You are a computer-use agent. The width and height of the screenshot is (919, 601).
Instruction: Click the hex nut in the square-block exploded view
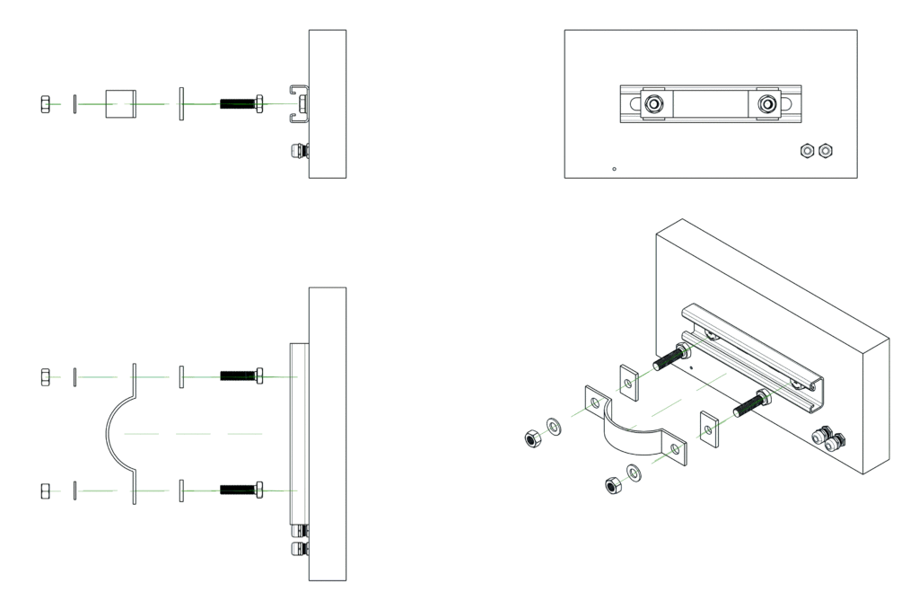(x=46, y=104)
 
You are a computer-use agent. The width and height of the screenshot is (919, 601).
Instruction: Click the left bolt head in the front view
(x=654, y=104)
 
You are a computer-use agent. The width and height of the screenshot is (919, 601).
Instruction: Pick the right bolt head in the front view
(x=767, y=104)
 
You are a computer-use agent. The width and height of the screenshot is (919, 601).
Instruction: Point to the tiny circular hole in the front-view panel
(x=613, y=168)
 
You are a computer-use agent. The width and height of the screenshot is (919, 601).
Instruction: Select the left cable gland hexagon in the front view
(x=806, y=150)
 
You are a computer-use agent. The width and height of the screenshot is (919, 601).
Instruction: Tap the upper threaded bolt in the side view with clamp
(x=241, y=376)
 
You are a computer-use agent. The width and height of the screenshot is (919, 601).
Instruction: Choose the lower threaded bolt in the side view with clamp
(x=241, y=491)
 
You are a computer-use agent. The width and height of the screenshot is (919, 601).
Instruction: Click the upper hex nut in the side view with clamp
(x=46, y=376)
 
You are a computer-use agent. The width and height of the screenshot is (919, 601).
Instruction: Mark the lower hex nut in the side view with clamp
(x=46, y=491)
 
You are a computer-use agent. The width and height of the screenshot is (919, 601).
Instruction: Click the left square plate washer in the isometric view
(x=630, y=381)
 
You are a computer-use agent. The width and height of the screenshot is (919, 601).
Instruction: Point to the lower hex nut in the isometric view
(x=613, y=484)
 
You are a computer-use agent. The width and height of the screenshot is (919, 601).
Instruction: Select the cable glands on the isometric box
(x=828, y=440)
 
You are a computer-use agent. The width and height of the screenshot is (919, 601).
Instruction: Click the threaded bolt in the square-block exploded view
(x=241, y=104)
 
